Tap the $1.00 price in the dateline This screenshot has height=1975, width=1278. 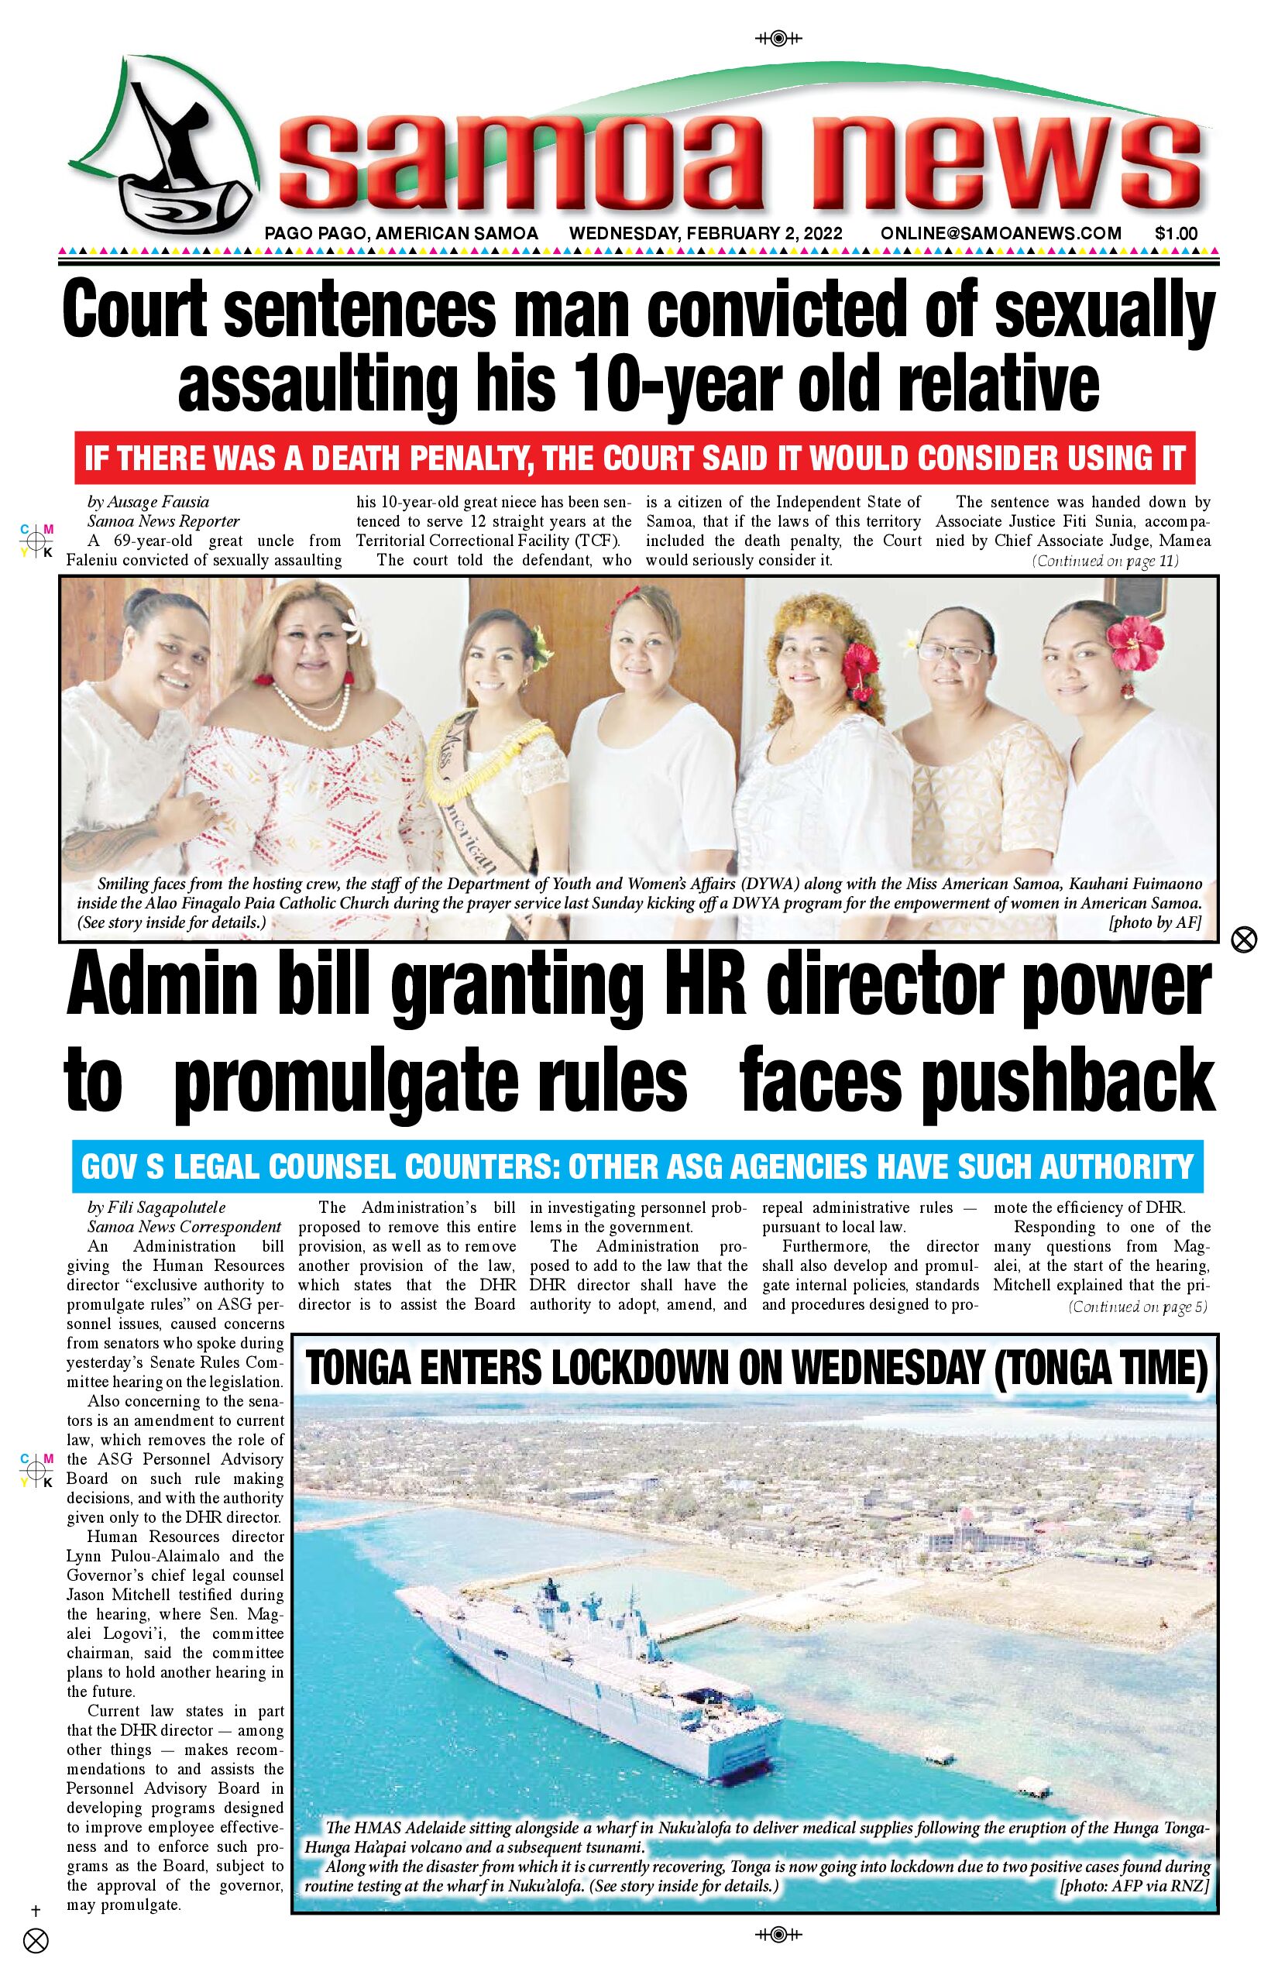pyautogui.click(x=1176, y=234)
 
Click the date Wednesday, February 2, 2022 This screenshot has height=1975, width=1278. pyautogui.click(x=706, y=234)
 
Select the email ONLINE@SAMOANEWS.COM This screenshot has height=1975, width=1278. pyautogui.click(x=1001, y=234)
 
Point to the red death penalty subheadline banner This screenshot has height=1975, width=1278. pyautogui.click(x=635, y=457)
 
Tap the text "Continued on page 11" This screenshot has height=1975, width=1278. pyautogui.click(x=1105, y=562)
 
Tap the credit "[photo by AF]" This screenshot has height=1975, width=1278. pyautogui.click(x=1154, y=922)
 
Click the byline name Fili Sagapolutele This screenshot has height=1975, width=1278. pyautogui.click(x=156, y=1207)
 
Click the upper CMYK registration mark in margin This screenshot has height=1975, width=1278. pyautogui.click(x=36, y=541)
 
